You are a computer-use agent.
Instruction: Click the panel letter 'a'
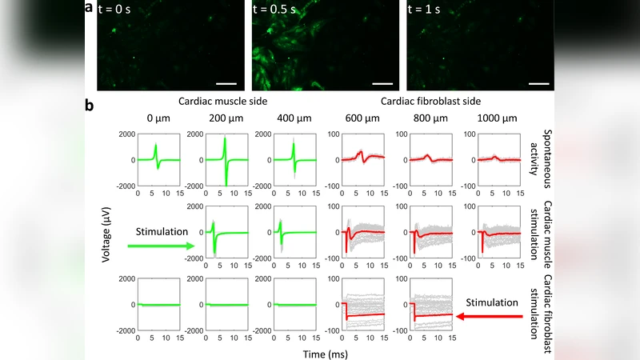pyautogui.click(x=88, y=9)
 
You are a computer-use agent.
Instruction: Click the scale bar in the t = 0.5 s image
pyautogui.click(x=382, y=82)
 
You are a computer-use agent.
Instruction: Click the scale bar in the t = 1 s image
pyautogui.click(x=538, y=82)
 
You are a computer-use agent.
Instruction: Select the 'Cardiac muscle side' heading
pyautogui.click(x=222, y=102)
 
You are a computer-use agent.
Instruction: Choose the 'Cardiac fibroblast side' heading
pyautogui.click(x=416, y=102)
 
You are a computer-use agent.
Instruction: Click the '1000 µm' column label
pyautogui.click(x=498, y=119)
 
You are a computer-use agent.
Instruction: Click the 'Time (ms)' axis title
pyautogui.click(x=325, y=350)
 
